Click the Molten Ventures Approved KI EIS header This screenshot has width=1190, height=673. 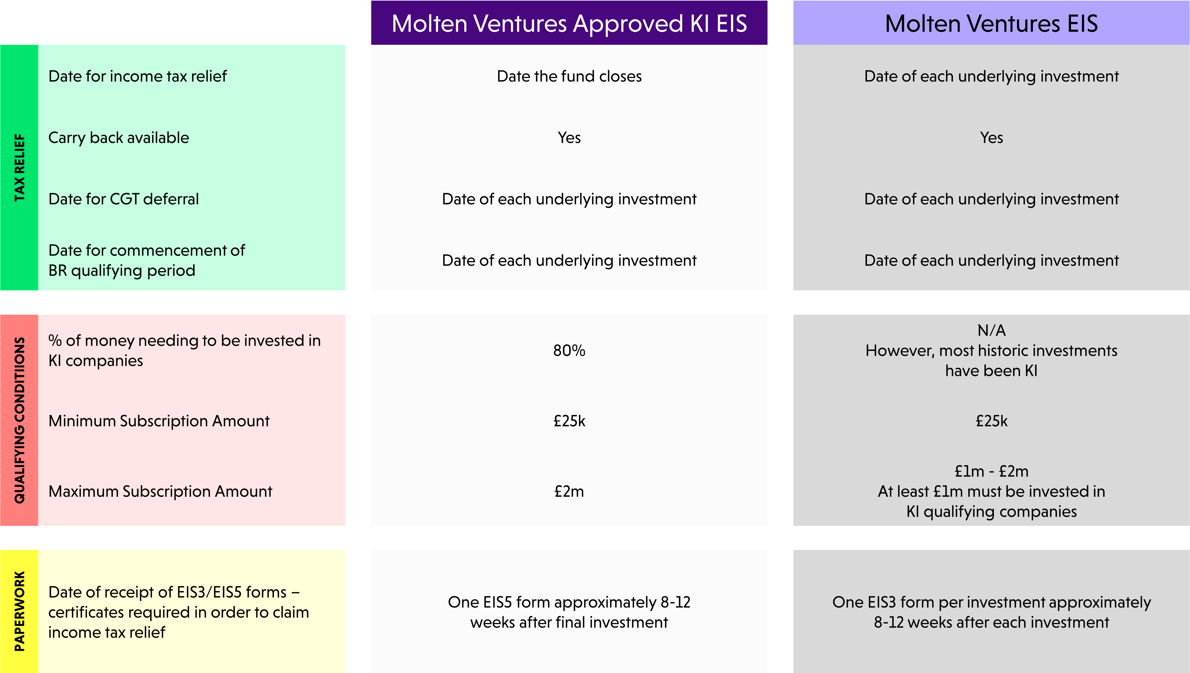tap(569, 23)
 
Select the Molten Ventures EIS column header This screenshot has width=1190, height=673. tap(991, 23)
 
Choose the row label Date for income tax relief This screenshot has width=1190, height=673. tap(137, 76)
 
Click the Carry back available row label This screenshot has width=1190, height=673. tap(118, 138)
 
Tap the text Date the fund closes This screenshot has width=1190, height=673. tap(569, 76)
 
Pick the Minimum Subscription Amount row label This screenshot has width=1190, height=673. tap(159, 421)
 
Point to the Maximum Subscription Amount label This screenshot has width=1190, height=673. tap(160, 491)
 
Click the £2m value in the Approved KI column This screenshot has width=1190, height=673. tap(569, 491)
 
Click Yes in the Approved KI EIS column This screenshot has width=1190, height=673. tap(569, 138)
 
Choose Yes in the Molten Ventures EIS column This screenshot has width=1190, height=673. tap(991, 138)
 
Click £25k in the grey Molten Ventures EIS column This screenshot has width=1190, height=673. tap(991, 421)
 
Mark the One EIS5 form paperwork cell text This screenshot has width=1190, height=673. tap(569, 612)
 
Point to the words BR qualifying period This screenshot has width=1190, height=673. tap(122, 271)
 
